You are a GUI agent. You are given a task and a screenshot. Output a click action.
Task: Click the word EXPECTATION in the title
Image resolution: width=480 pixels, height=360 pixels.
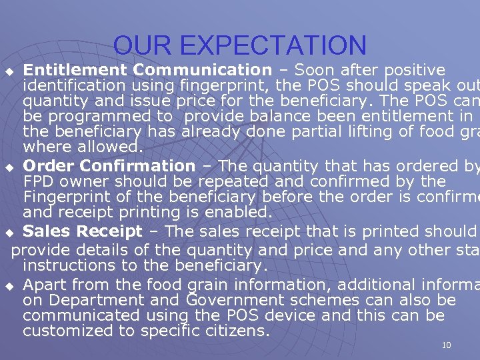click(273, 45)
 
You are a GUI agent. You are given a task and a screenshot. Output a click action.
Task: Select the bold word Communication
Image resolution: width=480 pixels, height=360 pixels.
click(202, 70)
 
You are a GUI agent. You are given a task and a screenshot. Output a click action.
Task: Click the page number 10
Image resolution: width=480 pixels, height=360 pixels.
click(446, 345)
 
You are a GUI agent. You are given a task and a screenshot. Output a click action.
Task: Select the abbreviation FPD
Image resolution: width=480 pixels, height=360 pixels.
click(39, 181)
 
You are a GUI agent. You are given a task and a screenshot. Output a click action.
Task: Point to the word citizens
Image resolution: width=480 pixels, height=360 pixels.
click(239, 331)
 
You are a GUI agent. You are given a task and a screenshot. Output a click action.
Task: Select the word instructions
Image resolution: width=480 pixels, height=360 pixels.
click(70, 265)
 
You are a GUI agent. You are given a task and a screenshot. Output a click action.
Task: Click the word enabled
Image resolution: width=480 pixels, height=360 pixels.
click(238, 213)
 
